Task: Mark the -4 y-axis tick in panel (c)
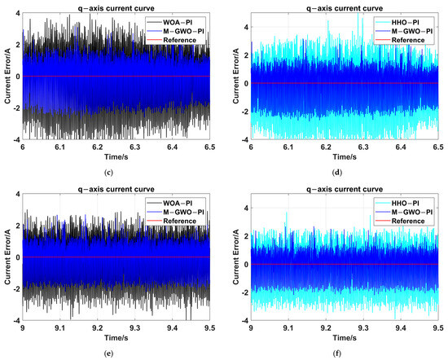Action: point(17,140)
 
